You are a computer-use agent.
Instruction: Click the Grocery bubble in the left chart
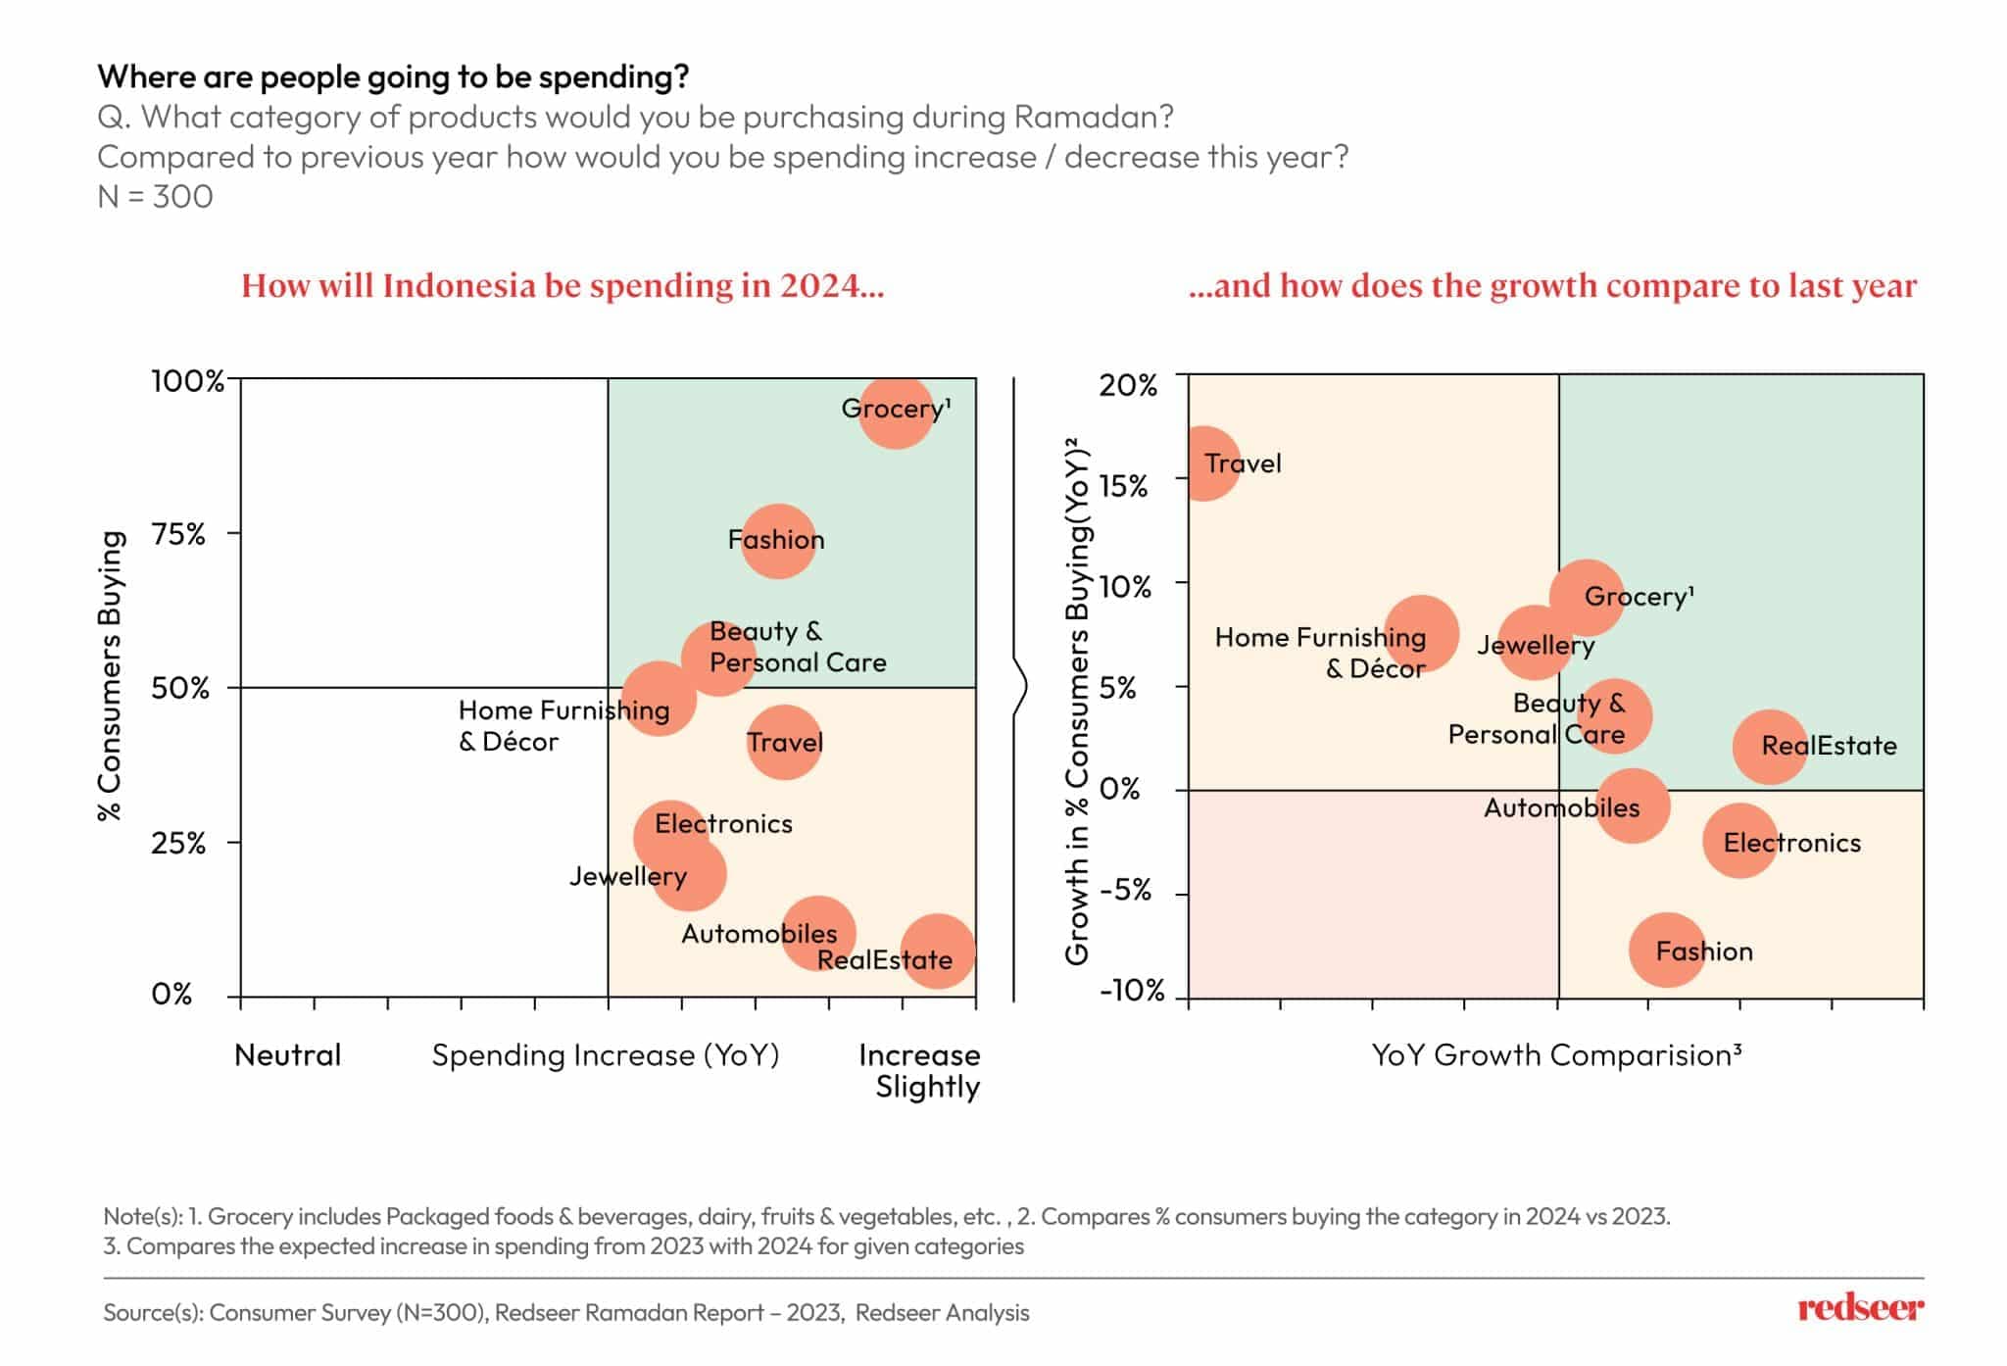tap(896, 413)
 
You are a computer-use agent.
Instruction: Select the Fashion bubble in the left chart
tap(778, 541)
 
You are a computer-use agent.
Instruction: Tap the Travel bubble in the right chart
tap(1204, 463)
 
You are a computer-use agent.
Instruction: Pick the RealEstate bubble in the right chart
tap(1770, 747)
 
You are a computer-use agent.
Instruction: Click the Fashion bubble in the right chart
tap(1667, 950)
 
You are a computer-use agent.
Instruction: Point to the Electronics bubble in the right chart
tap(1739, 841)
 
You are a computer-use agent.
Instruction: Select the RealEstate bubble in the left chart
tap(938, 951)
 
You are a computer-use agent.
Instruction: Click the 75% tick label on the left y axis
tap(178, 535)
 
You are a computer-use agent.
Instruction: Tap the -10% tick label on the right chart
tap(1132, 991)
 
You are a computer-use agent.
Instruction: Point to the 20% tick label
tap(1128, 385)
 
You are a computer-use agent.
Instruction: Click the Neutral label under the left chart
tap(288, 1055)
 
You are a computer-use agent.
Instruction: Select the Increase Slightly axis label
tap(919, 1071)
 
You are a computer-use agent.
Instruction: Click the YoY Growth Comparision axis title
tap(1556, 1055)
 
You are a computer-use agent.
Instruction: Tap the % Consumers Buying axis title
tap(111, 675)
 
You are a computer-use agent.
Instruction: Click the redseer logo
tap(1860, 1309)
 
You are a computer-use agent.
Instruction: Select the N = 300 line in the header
tap(156, 197)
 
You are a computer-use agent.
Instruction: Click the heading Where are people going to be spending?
tap(393, 76)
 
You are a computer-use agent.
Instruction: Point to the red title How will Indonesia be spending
tap(563, 286)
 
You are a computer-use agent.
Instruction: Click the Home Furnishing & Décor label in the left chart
tap(563, 725)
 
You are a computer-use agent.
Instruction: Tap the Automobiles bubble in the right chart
tap(1632, 806)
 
